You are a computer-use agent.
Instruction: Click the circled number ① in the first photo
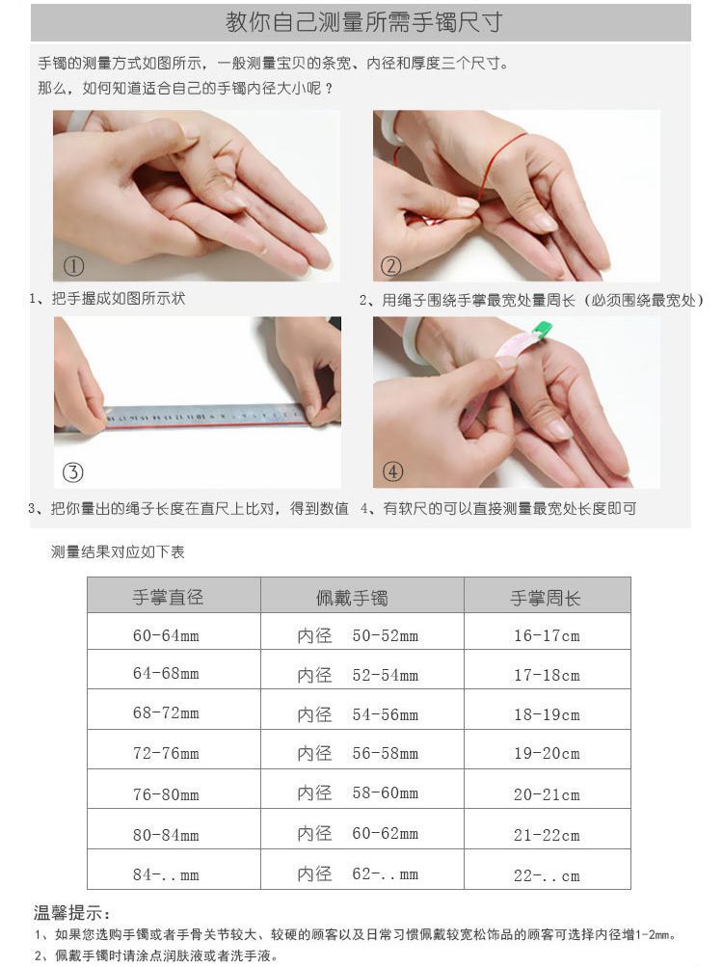click(x=74, y=266)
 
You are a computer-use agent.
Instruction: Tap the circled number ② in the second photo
click(x=391, y=266)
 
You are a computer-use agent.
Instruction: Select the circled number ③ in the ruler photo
click(x=73, y=471)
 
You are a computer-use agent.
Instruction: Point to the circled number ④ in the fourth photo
click(x=392, y=471)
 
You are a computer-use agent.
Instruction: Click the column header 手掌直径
click(x=168, y=597)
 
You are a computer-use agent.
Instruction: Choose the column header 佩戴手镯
click(x=352, y=597)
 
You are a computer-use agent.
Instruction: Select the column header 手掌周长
click(x=546, y=597)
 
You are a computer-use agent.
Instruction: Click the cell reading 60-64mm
click(x=166, y=635)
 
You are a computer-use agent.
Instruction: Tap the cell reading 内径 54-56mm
click(x=358, y=714)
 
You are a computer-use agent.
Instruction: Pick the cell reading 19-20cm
click(x=547, y=754)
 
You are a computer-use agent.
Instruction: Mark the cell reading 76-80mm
click(x=166, y=794)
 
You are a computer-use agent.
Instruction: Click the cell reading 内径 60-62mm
click(x=358, y=834)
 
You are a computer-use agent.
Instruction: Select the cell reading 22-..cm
click(x=547, y=874)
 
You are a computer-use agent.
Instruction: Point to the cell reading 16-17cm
click(x=547, y=635)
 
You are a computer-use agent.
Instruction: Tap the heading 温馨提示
click(x=72, y=913)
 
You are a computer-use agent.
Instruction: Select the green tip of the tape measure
click(x=543, y=329)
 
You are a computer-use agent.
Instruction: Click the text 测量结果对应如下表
click(x=118, y=552)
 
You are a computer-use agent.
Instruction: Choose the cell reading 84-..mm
click(x=166, y=874)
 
